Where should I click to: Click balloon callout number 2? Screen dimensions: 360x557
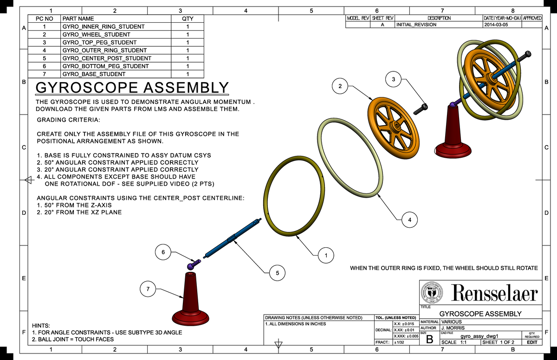340,86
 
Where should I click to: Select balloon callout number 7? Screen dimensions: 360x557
148,289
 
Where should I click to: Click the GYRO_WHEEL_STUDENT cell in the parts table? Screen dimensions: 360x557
96,34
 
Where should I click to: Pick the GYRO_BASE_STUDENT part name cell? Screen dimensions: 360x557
94,74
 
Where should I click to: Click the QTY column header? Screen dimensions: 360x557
188,19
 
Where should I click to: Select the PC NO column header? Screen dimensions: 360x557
45,19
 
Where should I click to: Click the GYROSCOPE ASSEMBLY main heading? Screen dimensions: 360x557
132,88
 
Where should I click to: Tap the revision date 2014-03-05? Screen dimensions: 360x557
496,25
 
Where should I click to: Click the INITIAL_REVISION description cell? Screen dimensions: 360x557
416,25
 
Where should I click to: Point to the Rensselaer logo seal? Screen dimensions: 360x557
432,294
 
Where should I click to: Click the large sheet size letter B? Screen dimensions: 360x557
429,340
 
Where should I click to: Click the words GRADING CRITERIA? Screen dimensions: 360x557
68,120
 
